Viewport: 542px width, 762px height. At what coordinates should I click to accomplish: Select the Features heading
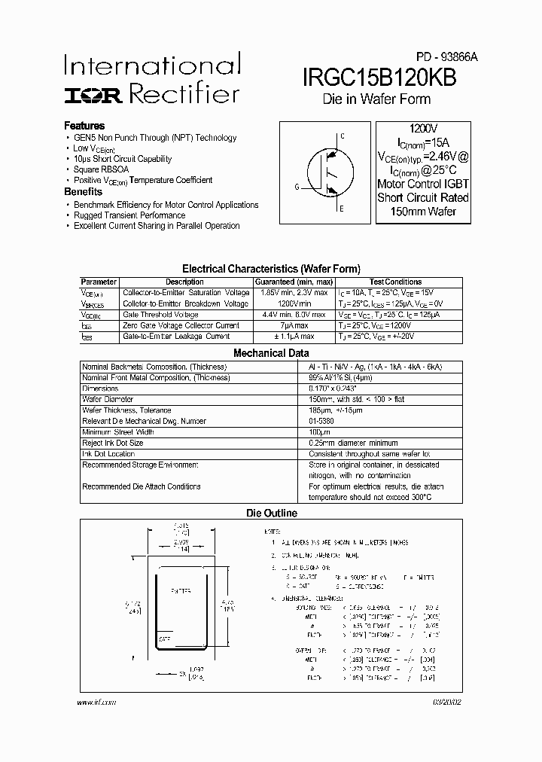[x=84, y=126]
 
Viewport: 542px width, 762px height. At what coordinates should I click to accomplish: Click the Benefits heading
[x=83, y=192]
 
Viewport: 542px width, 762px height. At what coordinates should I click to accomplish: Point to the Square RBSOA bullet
[x=101, y=169]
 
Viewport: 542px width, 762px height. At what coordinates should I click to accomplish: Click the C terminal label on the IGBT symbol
[x=343, y=136]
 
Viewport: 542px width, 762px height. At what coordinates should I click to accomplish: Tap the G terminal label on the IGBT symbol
[x=297, y=186]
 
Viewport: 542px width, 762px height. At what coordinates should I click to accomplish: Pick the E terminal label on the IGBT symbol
[x=343, y=209]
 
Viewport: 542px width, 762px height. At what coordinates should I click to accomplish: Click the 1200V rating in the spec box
[x=422, y=130]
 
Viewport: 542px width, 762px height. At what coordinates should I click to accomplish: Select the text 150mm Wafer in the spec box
[x=422, y=211]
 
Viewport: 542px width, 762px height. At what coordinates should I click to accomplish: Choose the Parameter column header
[x=99, y=282]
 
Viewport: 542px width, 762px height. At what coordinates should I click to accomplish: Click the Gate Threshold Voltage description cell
[x=160, y=315]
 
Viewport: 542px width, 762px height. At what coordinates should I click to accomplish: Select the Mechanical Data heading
[x=271, y=352]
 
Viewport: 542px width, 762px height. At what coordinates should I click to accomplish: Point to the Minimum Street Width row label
[x=117, y=432]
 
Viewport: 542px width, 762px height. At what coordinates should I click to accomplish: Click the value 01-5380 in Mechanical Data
[x=321, y=421]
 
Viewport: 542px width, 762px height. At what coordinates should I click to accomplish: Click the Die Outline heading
[x=272, y=513]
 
